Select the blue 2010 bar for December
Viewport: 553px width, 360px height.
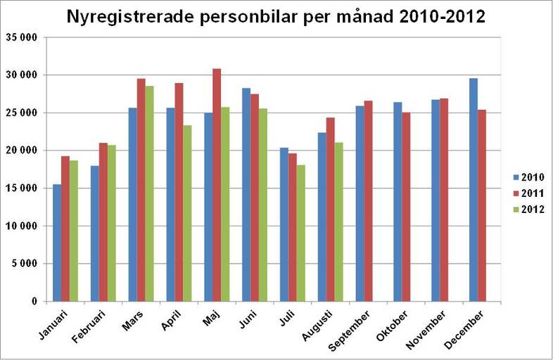(x=473, y=190)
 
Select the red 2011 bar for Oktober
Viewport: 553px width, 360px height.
(x=406, y=207)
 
